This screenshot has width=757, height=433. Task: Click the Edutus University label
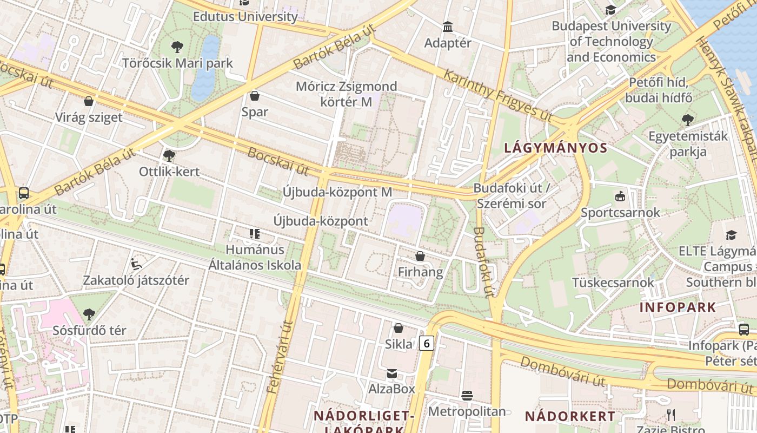(245, 17)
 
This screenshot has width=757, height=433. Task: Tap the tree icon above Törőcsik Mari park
(177, 47)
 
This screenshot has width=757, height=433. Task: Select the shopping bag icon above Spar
(255, 96)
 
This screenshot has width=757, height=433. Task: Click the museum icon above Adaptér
(448, 27)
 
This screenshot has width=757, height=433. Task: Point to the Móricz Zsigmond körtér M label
(346, 94)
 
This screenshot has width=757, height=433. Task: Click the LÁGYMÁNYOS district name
(555, 148)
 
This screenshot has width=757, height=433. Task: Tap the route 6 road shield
(427, 343)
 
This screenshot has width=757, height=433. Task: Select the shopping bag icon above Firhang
(420, 256)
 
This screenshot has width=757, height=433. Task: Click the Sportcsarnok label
(620, 212)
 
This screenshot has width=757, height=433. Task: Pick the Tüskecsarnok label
(613, 282)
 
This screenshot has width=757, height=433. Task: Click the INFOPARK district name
(678, 307)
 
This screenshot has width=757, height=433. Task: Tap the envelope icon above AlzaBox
(391, 373)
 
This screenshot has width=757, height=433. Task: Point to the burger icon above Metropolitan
(467, 396)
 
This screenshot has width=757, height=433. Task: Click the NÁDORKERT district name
(570, 416)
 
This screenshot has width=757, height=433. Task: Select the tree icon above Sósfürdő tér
(89, 314)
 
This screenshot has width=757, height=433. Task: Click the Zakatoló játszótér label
(136, 280)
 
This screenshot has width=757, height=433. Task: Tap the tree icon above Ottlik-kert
(169, 156)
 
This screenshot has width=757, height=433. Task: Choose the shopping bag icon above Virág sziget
(89, 101)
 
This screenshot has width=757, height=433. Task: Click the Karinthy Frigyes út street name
(498, 95)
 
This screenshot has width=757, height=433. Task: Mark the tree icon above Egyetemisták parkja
(688, 120)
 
